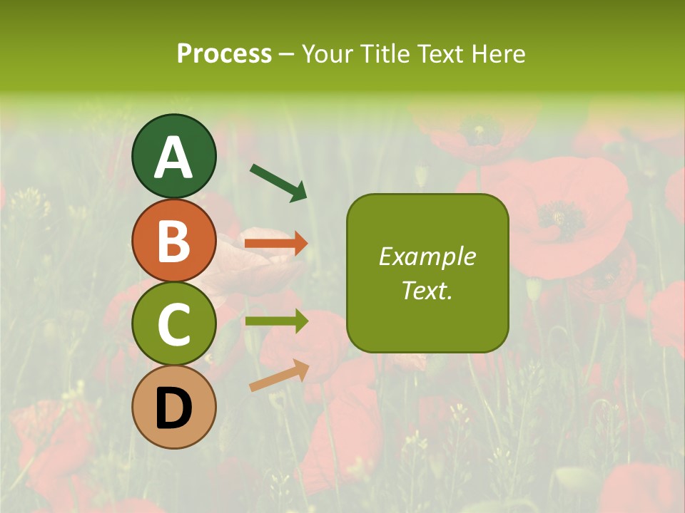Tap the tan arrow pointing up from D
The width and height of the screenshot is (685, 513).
279,375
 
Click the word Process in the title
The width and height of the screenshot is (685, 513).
224,53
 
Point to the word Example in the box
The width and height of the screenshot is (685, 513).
427,256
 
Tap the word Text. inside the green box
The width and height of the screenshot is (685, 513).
427,290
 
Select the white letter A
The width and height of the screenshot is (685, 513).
174,157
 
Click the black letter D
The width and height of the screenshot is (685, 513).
174,409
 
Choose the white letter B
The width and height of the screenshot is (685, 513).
174,241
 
